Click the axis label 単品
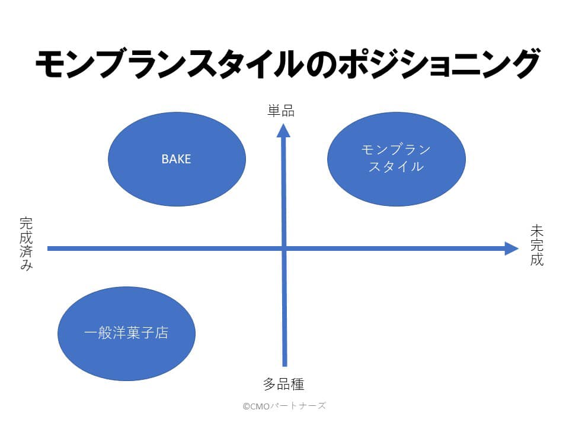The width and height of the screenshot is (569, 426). [280, 110]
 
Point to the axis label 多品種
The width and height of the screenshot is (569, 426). [284, 384]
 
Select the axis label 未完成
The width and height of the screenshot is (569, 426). [537, 245]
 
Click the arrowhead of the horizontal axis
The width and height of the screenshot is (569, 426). [511, 248]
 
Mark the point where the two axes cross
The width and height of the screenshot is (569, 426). [284, 248]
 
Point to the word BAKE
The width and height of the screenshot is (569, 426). [177, 159]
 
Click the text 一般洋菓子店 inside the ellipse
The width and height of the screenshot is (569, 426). [126, 333]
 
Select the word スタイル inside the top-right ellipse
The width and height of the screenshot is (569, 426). [396, 167]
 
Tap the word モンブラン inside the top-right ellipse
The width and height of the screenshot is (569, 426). [396, 150]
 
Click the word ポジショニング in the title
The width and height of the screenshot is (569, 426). [438, 64]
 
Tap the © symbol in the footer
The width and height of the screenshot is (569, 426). [246, 406]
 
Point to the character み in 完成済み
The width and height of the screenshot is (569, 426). [26, 265]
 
